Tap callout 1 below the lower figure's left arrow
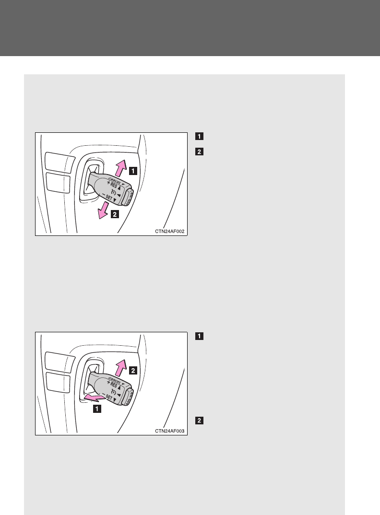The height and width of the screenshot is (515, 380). click(x=97, y=409)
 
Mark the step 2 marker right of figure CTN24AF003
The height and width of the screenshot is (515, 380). click(x=199, y=421)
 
